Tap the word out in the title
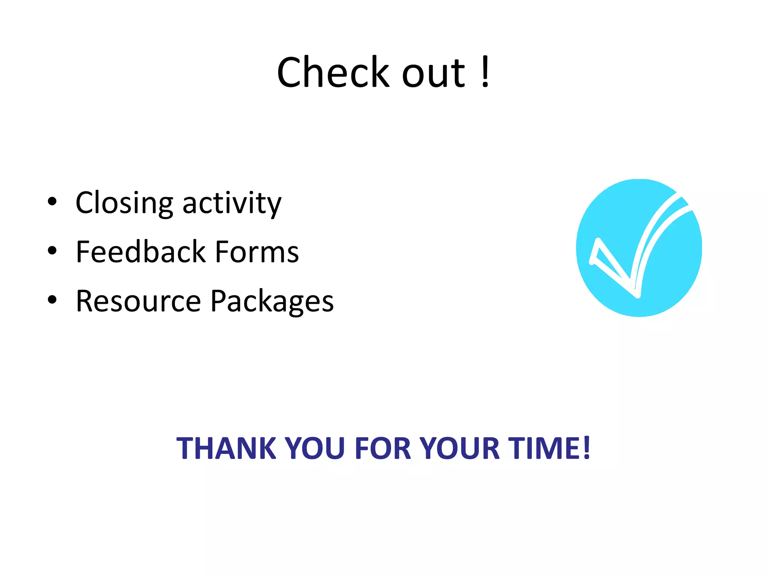[x=434, y=74]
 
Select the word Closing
[x=124, y=203]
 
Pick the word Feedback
[x=141, y=252]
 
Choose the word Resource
[x=138, y=301]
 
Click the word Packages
[x=272, y=301]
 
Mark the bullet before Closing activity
[x=52, y=202]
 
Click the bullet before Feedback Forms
[x=52, y=250]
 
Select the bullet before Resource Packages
[x=52, y=300]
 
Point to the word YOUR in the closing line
[x=460, y=448]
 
